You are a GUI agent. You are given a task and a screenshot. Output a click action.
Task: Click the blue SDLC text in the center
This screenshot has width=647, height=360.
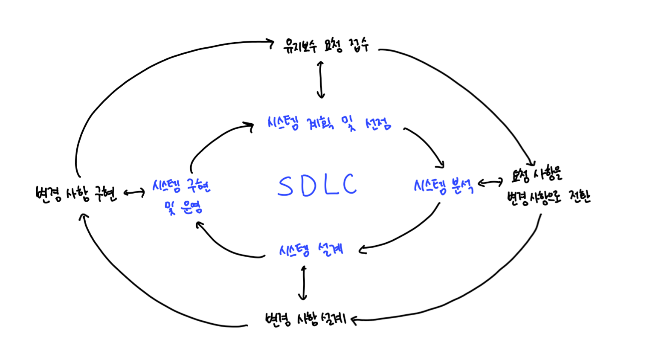tap(317, 185)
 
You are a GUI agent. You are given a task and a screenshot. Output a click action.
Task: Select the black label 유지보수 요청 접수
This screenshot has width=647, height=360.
tap(326, 45)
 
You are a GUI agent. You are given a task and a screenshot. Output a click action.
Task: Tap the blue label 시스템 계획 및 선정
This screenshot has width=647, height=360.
tap(329, 123)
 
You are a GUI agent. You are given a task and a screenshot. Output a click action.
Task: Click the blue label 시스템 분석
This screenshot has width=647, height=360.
tap(444, 186)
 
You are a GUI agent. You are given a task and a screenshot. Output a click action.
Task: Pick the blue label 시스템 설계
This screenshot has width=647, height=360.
tap(311, 249)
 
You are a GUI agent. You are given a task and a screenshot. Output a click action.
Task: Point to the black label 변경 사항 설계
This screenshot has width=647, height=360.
tap(306, 319)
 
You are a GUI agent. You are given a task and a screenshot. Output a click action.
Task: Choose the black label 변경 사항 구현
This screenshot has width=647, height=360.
tap(76, 193)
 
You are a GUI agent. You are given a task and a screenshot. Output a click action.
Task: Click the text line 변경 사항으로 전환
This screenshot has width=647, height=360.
tap(548, 197)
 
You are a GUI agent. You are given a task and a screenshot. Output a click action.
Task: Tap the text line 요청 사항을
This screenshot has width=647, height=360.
tap(537, 174)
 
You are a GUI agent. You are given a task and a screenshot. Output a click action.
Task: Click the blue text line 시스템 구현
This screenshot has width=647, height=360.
tap(181, 186)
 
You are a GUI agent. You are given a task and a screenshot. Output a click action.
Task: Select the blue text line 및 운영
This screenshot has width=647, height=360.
tap(183, 207)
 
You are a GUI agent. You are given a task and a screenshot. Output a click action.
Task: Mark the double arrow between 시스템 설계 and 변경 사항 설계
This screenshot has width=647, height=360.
tap(303, 283)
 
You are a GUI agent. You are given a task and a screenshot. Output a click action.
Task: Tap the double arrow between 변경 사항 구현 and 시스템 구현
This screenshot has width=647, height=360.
tap(134, 192)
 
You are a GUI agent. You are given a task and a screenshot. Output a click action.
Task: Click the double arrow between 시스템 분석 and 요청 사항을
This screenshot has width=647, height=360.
tap(490, 182)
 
